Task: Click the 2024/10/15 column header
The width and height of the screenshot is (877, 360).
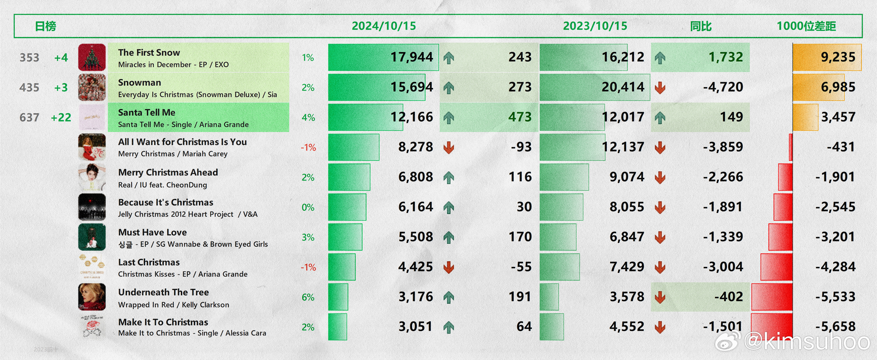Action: coord(384,26)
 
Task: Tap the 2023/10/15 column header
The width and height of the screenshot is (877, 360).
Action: coord(595,26)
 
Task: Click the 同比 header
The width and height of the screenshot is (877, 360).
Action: coord(701,26)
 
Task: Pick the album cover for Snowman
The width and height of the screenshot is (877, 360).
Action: coord(92,87)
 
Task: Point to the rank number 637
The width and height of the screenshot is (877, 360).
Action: coord(29,118)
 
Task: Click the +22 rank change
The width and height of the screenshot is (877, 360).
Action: coord(61,118)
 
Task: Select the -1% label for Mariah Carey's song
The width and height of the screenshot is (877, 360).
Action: coord(308,147)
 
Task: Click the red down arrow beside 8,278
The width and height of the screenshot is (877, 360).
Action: coord(449,147)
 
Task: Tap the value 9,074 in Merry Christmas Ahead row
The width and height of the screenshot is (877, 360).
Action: coord(627,177)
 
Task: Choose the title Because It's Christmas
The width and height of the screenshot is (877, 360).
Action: coord(165,202)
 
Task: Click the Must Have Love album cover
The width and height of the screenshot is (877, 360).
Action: coord(92,237)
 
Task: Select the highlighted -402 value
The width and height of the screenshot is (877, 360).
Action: coord(728,297)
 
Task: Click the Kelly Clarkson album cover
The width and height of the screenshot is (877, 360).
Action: coord(92,297)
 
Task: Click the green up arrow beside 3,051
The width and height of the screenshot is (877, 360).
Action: coord(449,327)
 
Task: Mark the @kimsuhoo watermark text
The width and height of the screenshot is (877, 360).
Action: coord(807,341)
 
